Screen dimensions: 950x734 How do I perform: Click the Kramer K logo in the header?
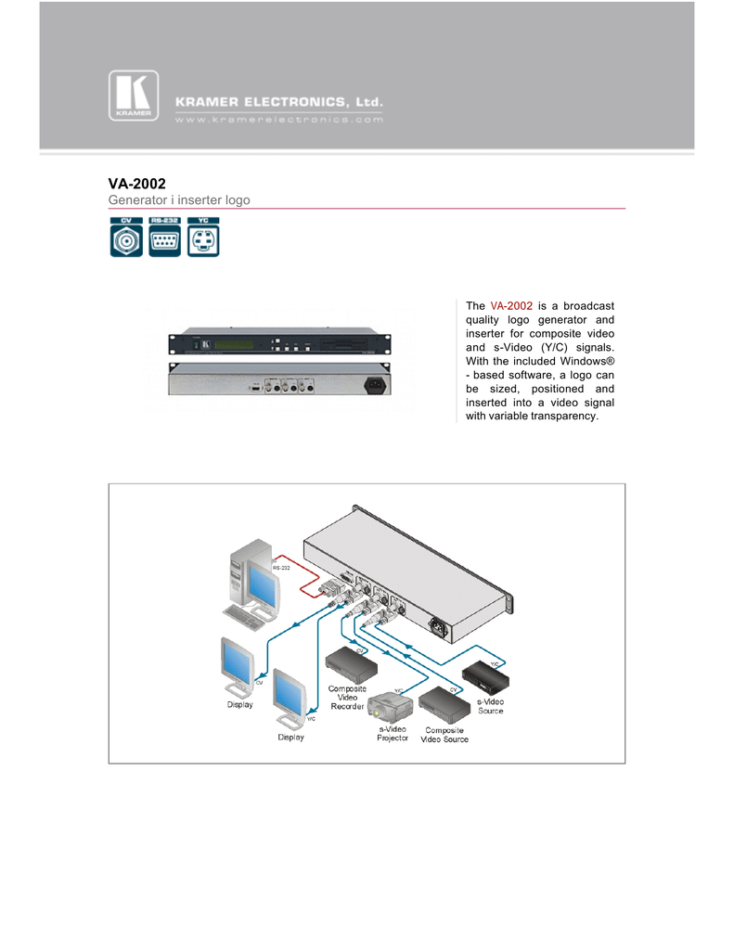click(134, 96)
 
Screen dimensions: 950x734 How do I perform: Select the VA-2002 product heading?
click(137, 184)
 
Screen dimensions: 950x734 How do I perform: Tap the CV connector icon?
click(126, 237)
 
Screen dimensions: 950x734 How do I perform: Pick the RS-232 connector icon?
click(165, 237)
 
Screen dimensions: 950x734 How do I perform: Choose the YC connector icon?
click(203, 237)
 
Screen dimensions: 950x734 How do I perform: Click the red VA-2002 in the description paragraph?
click(511, 305)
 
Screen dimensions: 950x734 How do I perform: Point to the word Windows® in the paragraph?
click(579, 360)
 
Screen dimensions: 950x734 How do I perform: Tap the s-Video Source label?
click(490, 706)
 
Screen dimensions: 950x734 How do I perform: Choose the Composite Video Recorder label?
click(347, 698)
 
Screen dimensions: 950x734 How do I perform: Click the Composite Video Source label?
click(444, 735)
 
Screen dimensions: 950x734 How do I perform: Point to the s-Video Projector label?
click(393, 734)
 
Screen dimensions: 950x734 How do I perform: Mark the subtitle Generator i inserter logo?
click(179, 200)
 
